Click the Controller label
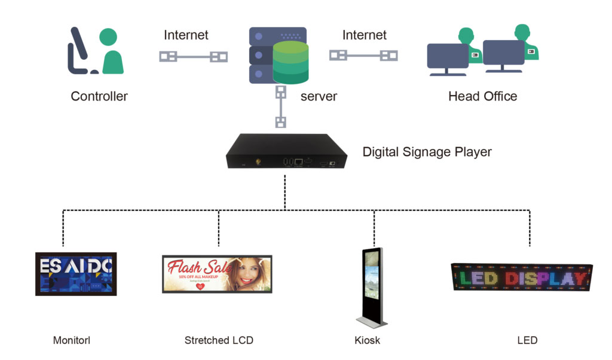tap(99, 96)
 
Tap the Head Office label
tap(482, 96)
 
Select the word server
tap(319, 96)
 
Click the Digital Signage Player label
tap(427, 152)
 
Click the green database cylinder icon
tap(290, 63)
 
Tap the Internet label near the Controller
tap(186, 35)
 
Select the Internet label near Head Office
tap(364, 35)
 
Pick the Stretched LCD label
tap(219, 340)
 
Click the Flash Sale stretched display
tap(217, 274)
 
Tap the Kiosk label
tap(367, 340)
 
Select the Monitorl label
tap(72, 340)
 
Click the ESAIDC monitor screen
tap(76, 274)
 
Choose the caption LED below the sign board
tap(527, 340)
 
